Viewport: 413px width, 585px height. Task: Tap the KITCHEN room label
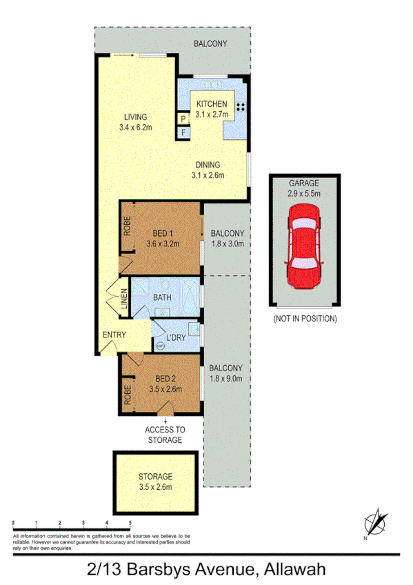click(x=212, y=104)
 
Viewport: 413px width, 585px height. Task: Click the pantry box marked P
click(x=183, y=119)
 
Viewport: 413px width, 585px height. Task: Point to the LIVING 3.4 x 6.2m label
click(x=135, y=122)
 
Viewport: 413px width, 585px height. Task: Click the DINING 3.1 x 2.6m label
click(x=207, y=170)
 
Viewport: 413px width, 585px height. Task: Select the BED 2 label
click(x=165, y=384)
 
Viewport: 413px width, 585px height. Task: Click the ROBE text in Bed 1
click(x=127, y=227)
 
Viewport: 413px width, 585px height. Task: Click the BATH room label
click(x=162, y=297)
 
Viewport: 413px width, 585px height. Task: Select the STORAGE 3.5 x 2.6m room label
click(x=155, y=482)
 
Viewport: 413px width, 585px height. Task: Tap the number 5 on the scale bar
click(x=130, y=524)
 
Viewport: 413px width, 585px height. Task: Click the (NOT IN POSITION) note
click(x=305, y=319)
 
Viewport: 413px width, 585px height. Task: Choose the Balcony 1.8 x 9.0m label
click(x=226, y=373)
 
